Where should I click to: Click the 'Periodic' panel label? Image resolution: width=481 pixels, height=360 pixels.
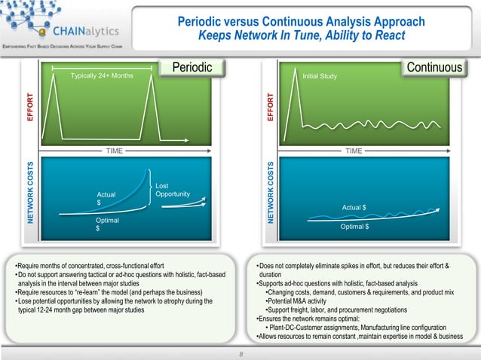click(x=192, y=69)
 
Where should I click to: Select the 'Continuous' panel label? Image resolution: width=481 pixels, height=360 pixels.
click(x=434, y=69)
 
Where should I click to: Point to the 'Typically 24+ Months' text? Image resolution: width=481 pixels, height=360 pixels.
click(x=102, y=76)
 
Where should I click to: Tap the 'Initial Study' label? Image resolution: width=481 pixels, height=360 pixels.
click(x=320, y=76)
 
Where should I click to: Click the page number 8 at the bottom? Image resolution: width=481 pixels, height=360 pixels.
click(x=240, y=351)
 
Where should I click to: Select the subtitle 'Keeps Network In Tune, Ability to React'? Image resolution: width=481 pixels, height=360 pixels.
click(x=302, y=36)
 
